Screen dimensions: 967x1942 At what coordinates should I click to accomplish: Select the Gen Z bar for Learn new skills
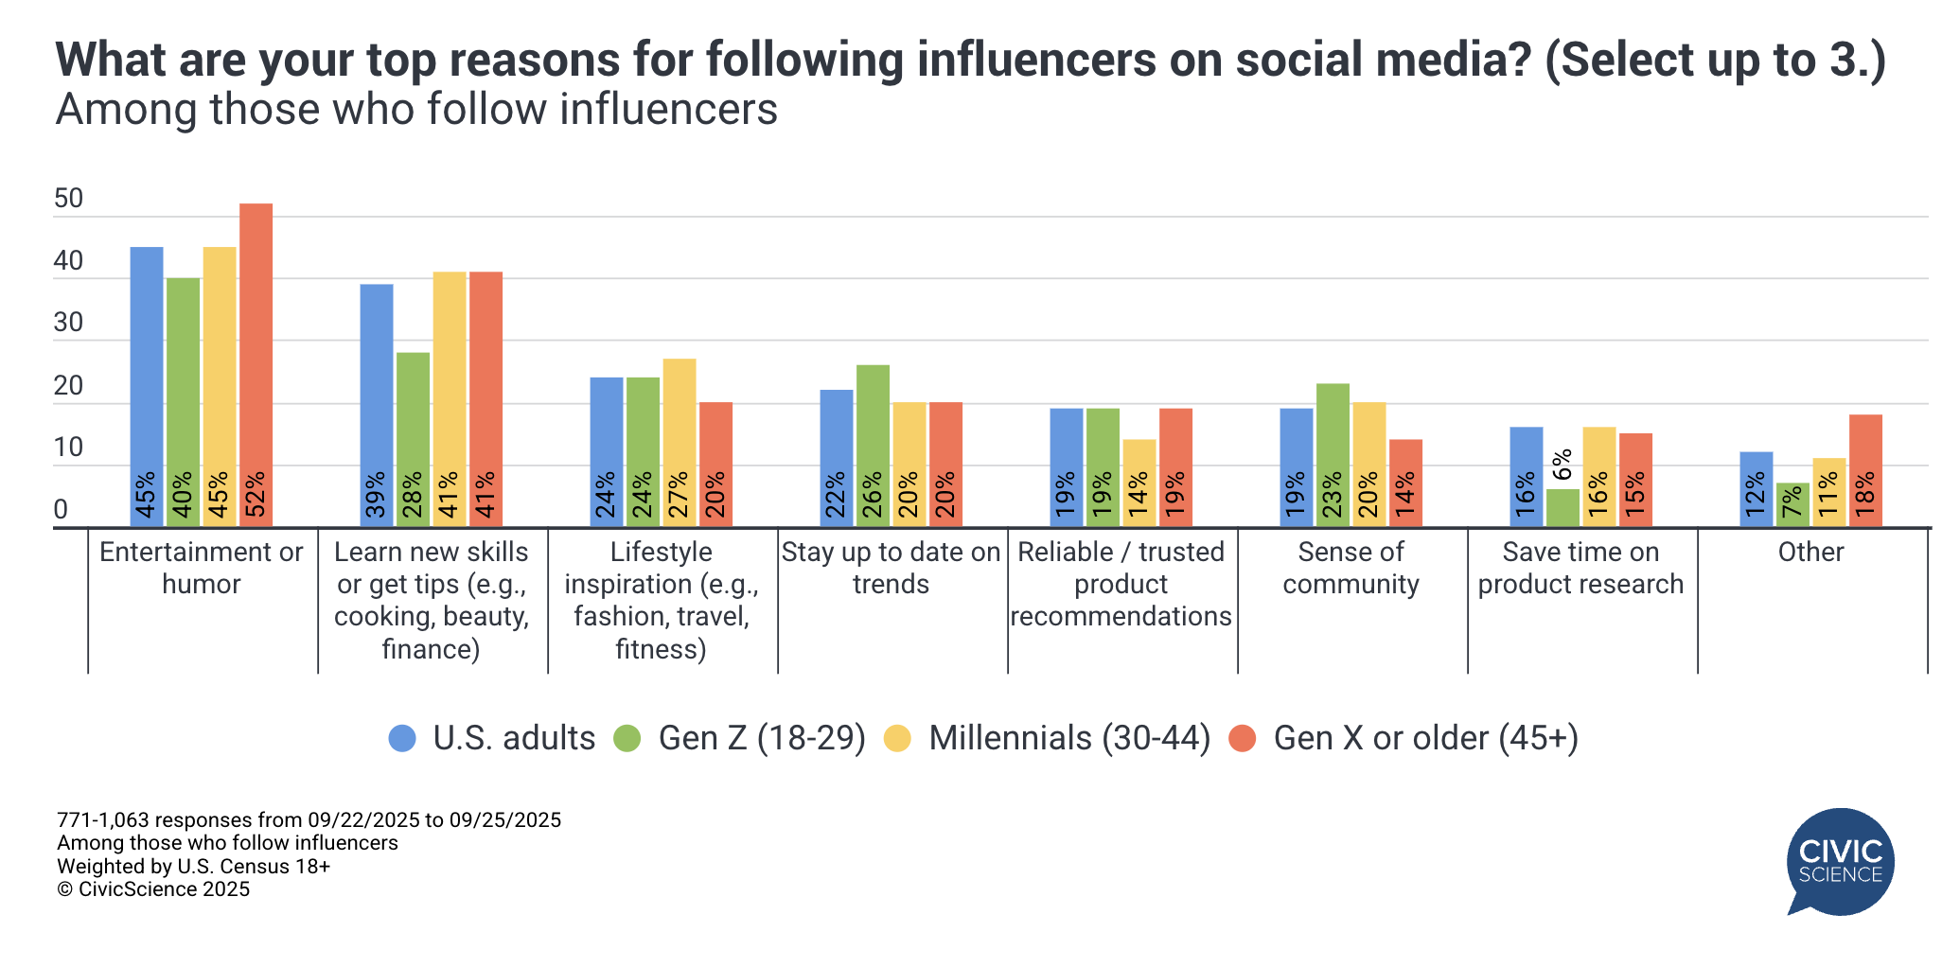pyautogui.click(x=413, y=439)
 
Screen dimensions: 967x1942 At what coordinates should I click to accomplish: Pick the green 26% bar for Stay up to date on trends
pyautogui.click(x=873, y=445)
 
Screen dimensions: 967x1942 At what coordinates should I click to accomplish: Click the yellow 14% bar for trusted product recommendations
pyautogui.click(x=1139, y=483)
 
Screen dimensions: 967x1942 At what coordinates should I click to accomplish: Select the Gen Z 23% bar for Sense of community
pyautogui.click(x=1333, y=454)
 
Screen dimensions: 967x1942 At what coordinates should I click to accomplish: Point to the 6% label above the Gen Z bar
pyautogui.click(x=1562, y=466)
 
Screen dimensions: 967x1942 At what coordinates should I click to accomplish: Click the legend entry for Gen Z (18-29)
pyautogui.click(x=761, y=738)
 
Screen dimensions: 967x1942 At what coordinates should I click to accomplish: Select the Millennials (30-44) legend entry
pyautogui.click(x=1068, y=738)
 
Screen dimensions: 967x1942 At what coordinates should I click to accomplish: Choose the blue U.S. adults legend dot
pyautogui.click(x=402, y=739)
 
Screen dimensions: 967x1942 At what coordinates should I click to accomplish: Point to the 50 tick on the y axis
pyautogui.click(x=68, y=199)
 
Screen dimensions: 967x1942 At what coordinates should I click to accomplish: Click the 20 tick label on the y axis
pyautogui.click(x=68, y=386)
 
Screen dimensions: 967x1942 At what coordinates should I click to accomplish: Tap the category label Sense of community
pyautogui.click(x=1351, y=568)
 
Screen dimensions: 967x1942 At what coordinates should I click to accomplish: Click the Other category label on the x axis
pyautogui.click(x=1810, y=552)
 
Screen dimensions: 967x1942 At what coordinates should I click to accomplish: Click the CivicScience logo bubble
pyautogui.click(x=1840, y=861)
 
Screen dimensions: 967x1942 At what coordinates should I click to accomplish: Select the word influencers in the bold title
pyautogui.click(x=1036, y=60)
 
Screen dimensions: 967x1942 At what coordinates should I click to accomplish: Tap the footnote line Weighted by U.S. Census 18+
pyautogui.click(x=193, y=866)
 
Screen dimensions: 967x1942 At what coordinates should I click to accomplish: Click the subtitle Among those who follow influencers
pyautogui.click(x=416, y=110)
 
